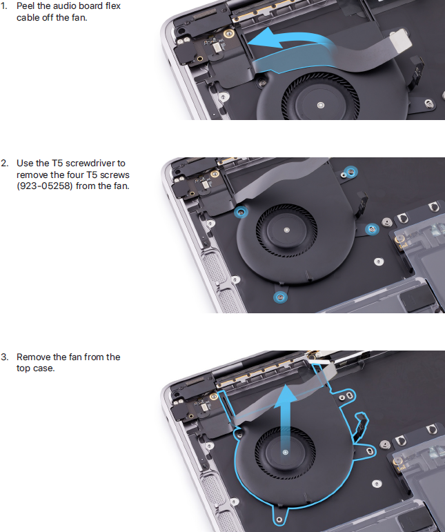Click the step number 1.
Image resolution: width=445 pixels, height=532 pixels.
3,6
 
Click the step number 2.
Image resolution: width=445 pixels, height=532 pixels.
4,164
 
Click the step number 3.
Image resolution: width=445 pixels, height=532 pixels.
4,357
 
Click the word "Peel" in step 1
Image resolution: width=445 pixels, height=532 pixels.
26,6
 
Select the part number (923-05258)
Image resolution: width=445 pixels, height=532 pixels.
44,186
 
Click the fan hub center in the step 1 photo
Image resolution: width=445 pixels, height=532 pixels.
321,105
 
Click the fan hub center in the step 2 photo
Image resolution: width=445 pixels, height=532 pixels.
287,230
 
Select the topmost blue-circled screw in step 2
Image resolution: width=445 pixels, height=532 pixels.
350,173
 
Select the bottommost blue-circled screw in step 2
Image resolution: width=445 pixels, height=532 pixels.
280,297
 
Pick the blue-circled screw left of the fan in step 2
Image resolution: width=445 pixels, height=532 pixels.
241,213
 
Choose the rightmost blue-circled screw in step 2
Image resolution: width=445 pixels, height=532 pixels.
372,229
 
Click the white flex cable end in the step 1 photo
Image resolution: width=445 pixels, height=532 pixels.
402,41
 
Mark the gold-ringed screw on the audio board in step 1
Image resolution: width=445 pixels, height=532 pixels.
229,33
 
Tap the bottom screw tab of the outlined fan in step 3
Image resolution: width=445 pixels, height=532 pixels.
279,519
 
